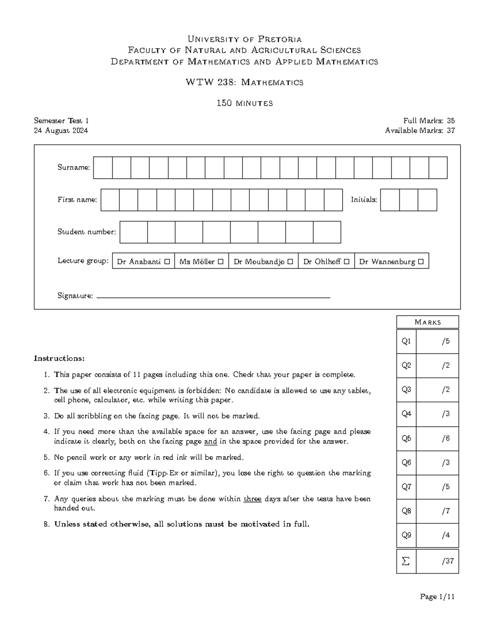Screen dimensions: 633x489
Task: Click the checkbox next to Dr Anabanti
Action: [x=167, y=262]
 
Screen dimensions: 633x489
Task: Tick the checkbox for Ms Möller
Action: [x=220, y=262]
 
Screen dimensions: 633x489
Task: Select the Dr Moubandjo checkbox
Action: [x=290, y=262]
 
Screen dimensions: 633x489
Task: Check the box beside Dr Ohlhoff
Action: [x=346, y=262]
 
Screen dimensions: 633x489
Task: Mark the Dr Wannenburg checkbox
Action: [x=421, y=262]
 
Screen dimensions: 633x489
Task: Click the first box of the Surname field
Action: [x=103, y=168]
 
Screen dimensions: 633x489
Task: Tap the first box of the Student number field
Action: [x=134, y=232]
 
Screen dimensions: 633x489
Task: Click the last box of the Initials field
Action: [x=427, y=200]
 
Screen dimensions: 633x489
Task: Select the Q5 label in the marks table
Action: [x=406, y=438]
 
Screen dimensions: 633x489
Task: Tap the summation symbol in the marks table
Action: [x=406, y=561]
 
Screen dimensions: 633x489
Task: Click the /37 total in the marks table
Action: [x=447, y=561]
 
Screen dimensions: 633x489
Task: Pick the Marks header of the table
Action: [x=427, y=322]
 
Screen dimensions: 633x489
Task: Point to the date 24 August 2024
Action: [x=61, y=130]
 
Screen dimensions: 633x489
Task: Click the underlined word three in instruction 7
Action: [x=252, y=499]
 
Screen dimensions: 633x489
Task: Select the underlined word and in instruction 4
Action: [x=210, y=441]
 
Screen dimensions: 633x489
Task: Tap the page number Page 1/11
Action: [x=437, y=597]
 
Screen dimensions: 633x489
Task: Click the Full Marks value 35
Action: [x=451, y=121]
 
